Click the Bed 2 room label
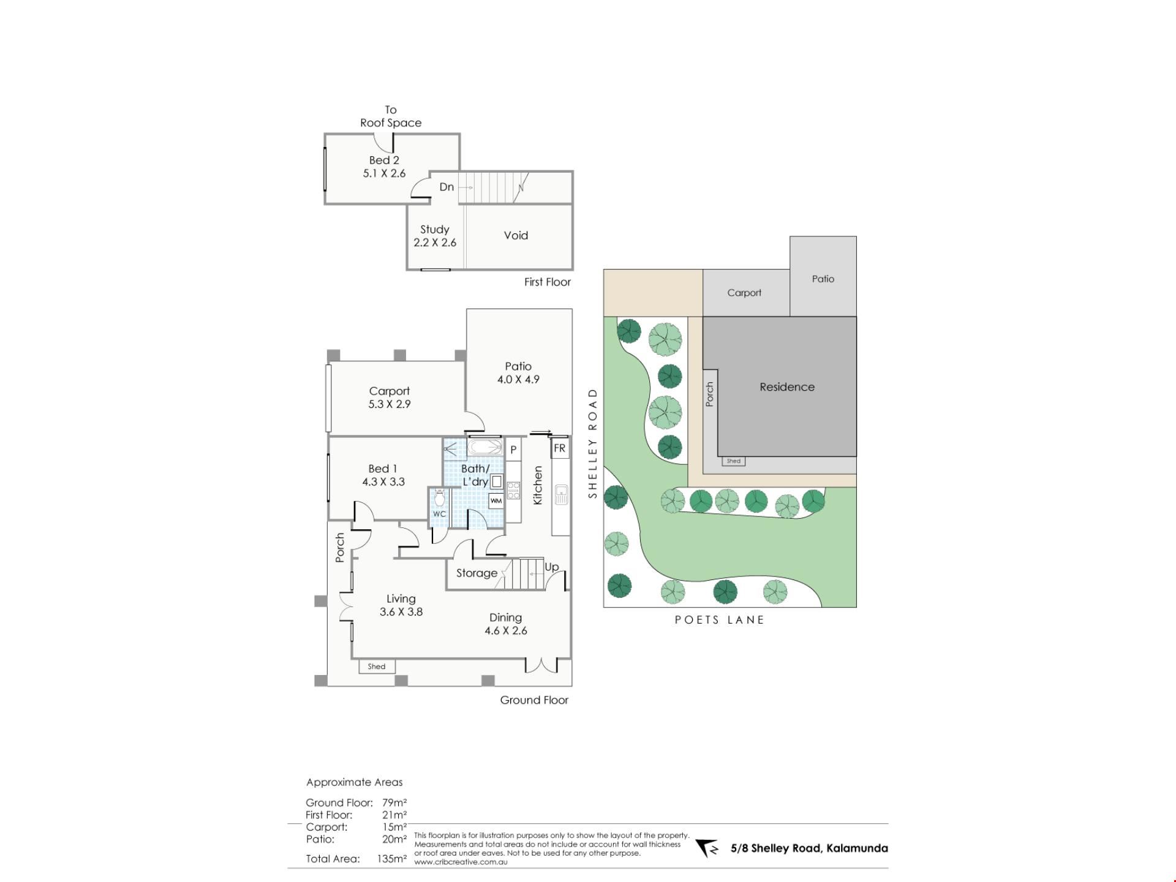pos(384,160)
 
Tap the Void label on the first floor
pos(516,235)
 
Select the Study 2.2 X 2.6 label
pos(435,236)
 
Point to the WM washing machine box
pos(496,501)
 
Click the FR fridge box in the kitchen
pos(559,448)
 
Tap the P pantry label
pos(513,450)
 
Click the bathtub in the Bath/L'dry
pos(485,447)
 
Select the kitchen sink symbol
pos(561,494)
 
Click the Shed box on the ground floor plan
pos(377,666)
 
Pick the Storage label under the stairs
pos(477,573)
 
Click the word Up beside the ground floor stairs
pos(551,567)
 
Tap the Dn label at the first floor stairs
pos(447,187)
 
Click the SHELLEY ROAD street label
pos(592,443)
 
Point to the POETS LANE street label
pos(720,620)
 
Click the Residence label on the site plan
pos(787,387)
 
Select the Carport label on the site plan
pos(744,293)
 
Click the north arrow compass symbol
pos(707,848)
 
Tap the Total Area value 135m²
pos(392,859)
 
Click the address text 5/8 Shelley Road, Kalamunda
pos(809,848)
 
